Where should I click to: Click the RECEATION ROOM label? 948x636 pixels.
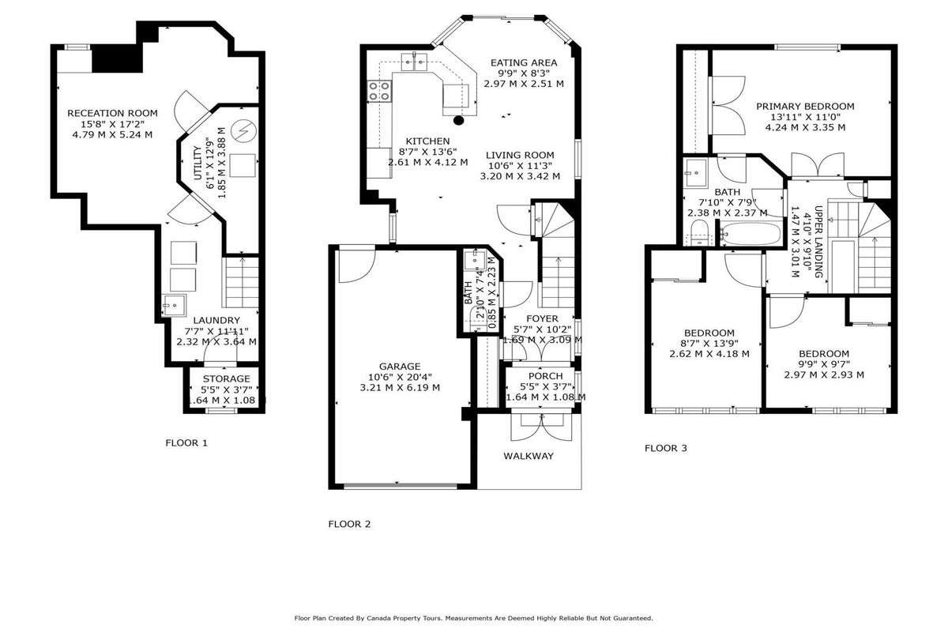[112, 114]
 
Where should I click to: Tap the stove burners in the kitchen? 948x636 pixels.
[378, 91]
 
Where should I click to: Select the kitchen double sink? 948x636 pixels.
[414, 62]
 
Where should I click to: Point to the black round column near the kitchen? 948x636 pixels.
[458, 121]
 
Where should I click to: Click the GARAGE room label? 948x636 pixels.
[400, 367]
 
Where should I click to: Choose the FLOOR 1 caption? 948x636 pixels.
[186, 443]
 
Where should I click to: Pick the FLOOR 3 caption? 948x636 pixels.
[666, 448]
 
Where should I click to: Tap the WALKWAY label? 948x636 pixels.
[529, 456]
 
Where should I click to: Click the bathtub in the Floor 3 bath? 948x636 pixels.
[750, 234]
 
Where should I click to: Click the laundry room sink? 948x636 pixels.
[174, 305]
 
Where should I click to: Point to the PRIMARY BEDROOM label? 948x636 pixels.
[805, 107]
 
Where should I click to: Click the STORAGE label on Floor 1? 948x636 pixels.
[227, 378]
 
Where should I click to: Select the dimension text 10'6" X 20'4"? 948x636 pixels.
[400, 377]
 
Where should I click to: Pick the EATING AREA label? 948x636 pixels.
[524, 63]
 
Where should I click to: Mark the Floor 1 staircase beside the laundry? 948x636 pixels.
[240, 282]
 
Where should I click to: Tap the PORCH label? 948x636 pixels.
[546, 376]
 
